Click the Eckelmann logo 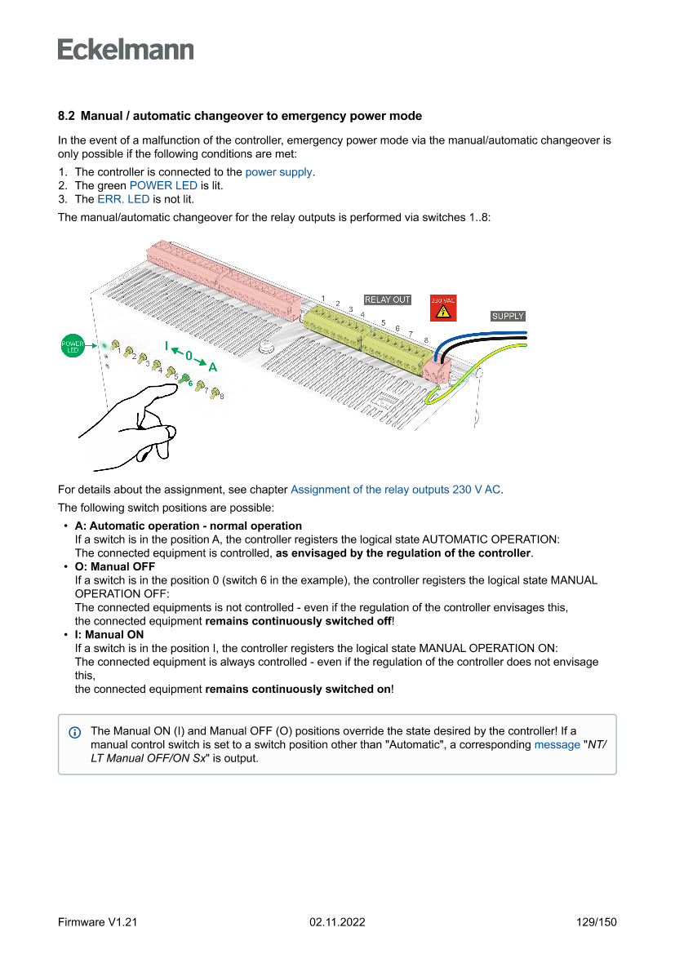pos(126,49)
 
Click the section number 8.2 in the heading pos(67,117)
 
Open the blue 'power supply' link pos(279,172)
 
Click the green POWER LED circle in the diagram pos(73,346)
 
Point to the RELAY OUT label pos(387,300)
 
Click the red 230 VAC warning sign pos(443,308)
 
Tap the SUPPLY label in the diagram pos(508,316)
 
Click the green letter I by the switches pos(167,346)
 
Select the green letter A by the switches pos(212,366)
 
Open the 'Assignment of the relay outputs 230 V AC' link pos(396,490)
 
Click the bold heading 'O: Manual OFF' pos(114,566)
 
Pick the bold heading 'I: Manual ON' pos(109,634)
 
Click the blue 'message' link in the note pos(557,745)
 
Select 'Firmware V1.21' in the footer pos(97,922)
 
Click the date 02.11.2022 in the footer pos(337,922)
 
